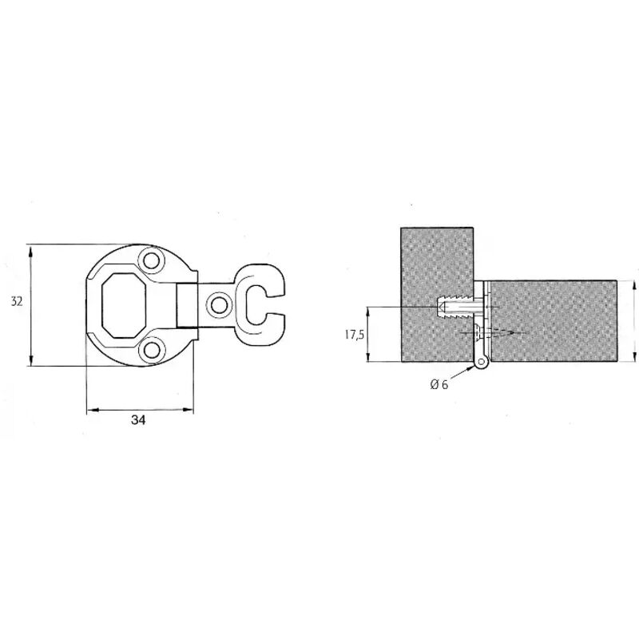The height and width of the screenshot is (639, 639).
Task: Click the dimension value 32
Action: pos(16,302)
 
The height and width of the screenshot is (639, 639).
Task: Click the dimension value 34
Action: pos(138,420)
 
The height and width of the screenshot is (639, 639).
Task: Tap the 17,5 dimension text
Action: pos(354,335)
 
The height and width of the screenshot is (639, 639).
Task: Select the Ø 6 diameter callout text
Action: pos(439,384)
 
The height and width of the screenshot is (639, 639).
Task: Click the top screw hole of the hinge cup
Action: pos(151,260)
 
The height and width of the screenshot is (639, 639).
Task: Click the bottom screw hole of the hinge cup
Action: pos(152,351)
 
